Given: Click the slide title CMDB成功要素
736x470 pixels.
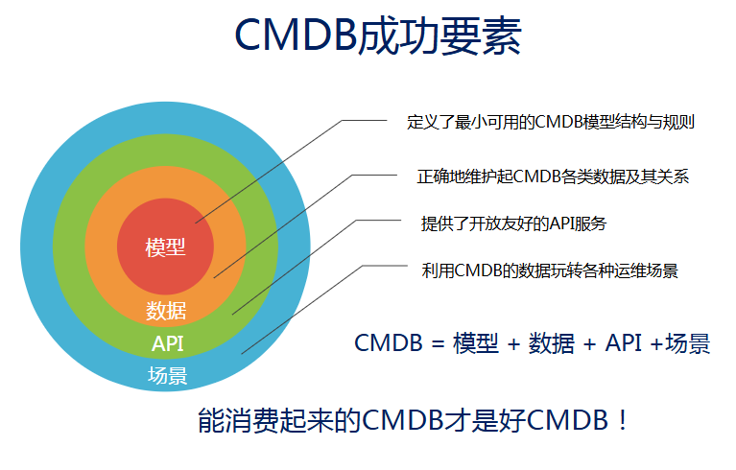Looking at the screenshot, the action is [x=378, y=35].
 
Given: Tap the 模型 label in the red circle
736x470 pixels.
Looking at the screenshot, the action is [x=166, y=247].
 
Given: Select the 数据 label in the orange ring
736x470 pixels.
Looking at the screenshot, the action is [x=166, y=311].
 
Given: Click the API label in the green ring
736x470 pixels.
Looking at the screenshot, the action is [x=167, y=343].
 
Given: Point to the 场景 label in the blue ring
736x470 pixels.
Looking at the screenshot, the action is [x=168, y=375].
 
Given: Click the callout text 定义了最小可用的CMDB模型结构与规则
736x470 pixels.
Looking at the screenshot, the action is [x=551, y=122].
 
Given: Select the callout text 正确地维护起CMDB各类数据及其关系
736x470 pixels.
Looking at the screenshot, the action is [x=553, y=176].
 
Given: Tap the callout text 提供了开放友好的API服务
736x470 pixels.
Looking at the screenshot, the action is [x=514, y=223].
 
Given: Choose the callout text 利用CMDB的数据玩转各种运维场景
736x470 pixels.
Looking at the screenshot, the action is [x=550, y=270].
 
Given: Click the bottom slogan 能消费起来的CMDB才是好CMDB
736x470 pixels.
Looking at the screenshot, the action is [x=406, y=420].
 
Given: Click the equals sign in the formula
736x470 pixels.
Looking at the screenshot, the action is [x=438, y=343].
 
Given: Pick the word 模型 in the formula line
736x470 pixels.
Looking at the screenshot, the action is [x=476, y=343].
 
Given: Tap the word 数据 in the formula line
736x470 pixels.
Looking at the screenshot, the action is [x=552, y=343].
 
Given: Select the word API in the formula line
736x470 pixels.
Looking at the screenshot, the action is [x=624, y=342].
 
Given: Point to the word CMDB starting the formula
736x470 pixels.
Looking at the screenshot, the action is [x=389, y=342].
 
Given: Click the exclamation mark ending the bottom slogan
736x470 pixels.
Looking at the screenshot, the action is [x=623, y=420].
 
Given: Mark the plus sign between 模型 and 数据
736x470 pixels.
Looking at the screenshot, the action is [x=513, y=344].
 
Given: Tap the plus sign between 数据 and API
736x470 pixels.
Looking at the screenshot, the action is [x=589, y=344].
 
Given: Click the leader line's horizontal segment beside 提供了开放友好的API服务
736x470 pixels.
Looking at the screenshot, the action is [x=379, y=220].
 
